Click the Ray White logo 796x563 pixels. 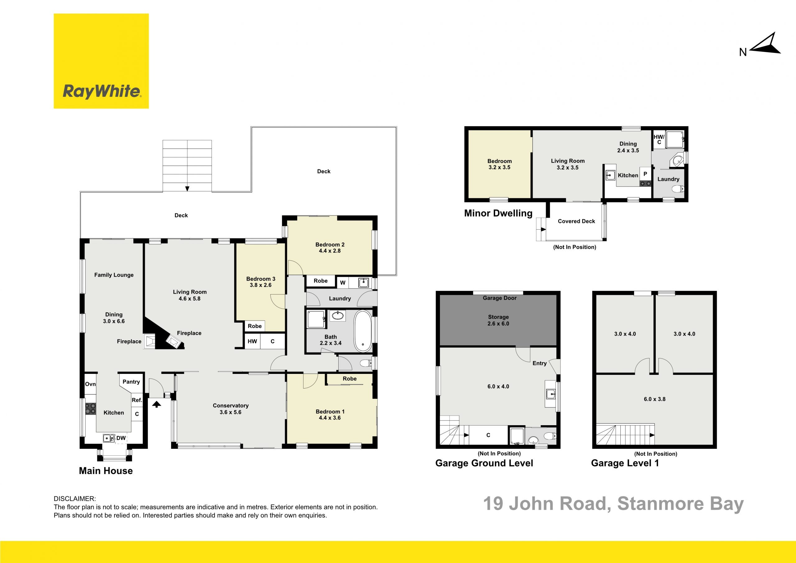pyautogui.click(x=101, y=61)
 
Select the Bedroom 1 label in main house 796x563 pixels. pyautogui.click(x=330, y=415)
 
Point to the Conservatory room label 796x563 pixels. pyautogui.click(x=230, y=409)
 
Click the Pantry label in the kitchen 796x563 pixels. pyautogui.click(x=131, y=382)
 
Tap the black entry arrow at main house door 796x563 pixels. pyautogui.click(x=156, y=404)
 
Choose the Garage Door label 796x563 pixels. pyautogui.click(x=500, y=298)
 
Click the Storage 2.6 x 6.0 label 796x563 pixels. pyautogui.click(x=498, y=320)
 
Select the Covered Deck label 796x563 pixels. pyautogui.click(x=576, y=221)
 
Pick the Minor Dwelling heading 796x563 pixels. pyautogui.click(x=498, y=213)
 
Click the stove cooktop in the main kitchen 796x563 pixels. pyautogui.click(x=91, y=409)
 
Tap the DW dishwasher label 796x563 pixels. pyautogui.click(x=121, y=438)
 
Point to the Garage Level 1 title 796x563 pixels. pyautogui.click(x=625, y=463)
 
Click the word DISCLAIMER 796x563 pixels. pyautogui.click(x=75, y=499)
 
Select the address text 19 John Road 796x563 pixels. pyautogui.click(x=546, y=504)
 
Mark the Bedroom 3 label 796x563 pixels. pyautogui.click(x=261, y=282)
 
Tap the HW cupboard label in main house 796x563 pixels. pyautogui.click(x=252, y=341)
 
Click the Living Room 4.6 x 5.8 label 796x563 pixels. pyautogui.click(x=190, y=295)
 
